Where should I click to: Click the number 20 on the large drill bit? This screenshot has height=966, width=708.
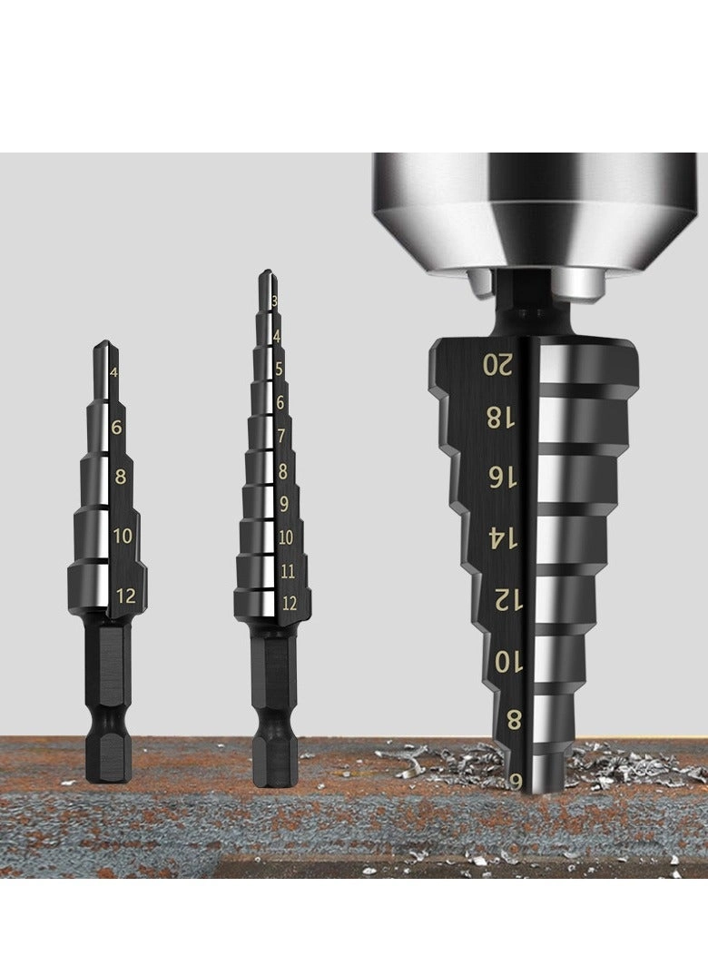(x=498, y=365)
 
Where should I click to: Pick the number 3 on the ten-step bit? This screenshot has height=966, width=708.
(x=274, y=301)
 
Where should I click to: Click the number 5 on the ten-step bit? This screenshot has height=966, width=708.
(x=279, y=370)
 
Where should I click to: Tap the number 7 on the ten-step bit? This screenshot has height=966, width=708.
(x=281, y=436)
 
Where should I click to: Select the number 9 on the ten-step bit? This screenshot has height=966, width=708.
(x=283, y=504)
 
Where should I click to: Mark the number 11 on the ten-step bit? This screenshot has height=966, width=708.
(x=287, y=571)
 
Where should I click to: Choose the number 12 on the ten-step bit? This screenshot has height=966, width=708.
(x=289, y=603)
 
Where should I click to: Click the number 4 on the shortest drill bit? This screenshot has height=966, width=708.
(x=113, y=372)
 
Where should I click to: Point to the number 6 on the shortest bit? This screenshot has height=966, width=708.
(x=117, y=427)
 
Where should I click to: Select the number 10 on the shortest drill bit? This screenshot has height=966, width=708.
(x=123, y=536)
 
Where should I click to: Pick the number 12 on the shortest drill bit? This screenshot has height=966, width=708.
(x=126, y=596)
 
